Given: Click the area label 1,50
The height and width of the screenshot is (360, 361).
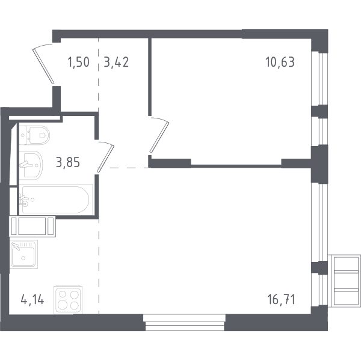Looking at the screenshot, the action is pos(78,63).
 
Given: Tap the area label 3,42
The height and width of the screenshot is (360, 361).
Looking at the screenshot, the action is pos(116,63).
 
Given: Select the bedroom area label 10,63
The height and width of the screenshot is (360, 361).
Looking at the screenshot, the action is pos(280,63).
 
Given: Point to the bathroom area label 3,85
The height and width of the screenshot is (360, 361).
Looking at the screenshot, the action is pos(68,162).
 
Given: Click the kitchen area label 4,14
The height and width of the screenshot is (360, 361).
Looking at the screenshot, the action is pos(32,300).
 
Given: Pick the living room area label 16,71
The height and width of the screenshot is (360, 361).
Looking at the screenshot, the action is pos(281,300).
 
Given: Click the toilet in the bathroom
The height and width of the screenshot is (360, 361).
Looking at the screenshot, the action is pos(34,135).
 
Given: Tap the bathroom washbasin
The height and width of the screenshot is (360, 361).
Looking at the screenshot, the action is pos(31,165).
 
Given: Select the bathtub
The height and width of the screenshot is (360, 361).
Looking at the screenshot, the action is pos(56,200).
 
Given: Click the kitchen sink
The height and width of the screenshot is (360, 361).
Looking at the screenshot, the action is pos(23,254).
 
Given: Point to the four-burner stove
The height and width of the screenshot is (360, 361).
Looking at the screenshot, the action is pos(68,300).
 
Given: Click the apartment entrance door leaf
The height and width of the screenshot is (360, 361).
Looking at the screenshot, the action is pos(43,66).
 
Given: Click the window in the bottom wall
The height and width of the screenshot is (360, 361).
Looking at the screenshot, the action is pos(185,323).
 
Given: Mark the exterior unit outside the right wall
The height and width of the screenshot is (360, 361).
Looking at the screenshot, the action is pos(344,281).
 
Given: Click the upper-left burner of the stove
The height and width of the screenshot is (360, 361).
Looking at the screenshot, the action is pos(63,294).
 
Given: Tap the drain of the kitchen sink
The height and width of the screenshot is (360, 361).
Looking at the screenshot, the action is pos(23,258).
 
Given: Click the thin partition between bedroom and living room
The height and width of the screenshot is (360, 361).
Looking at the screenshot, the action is pos(236,165).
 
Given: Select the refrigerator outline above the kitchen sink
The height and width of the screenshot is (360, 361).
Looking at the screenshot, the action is pos(32,227).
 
